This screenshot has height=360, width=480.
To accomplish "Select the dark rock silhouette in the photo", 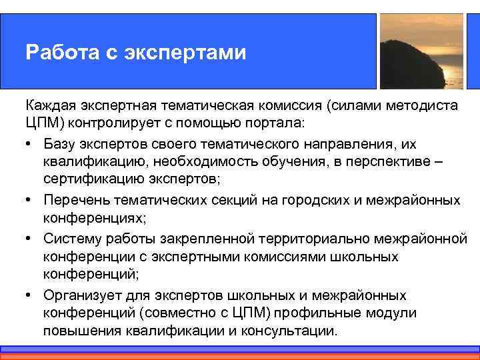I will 411,63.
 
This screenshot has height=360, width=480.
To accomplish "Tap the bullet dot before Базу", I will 30,143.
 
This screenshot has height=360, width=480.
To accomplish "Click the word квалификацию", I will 88,162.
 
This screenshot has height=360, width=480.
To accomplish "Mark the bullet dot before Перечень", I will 30,200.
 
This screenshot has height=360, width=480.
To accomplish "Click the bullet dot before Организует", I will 30,295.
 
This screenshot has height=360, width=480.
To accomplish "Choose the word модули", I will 393,313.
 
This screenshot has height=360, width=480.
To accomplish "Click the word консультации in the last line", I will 294,332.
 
